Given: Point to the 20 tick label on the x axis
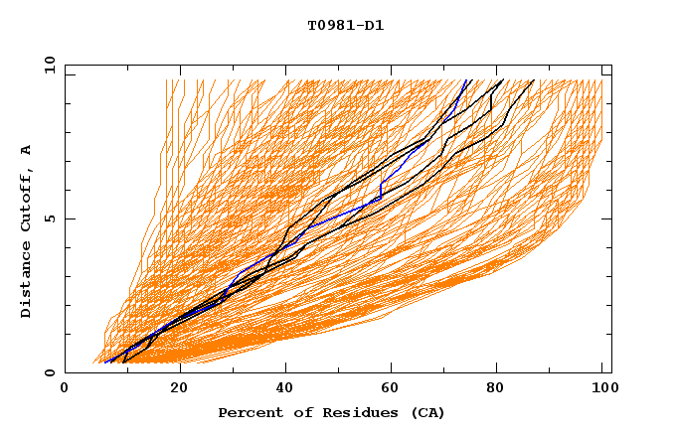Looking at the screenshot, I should (178, 388).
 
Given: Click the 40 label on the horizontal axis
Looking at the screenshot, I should (286, 388).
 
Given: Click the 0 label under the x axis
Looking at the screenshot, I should (66, 388).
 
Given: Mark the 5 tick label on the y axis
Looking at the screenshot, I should (49, 218).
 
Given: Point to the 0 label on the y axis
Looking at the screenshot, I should (49, 372).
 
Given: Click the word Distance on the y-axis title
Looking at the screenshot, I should (26, 280).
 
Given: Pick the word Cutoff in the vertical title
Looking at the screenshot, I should (26, 200).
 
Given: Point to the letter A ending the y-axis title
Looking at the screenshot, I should (26, 150).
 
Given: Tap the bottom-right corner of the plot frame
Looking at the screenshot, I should (611, 372).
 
